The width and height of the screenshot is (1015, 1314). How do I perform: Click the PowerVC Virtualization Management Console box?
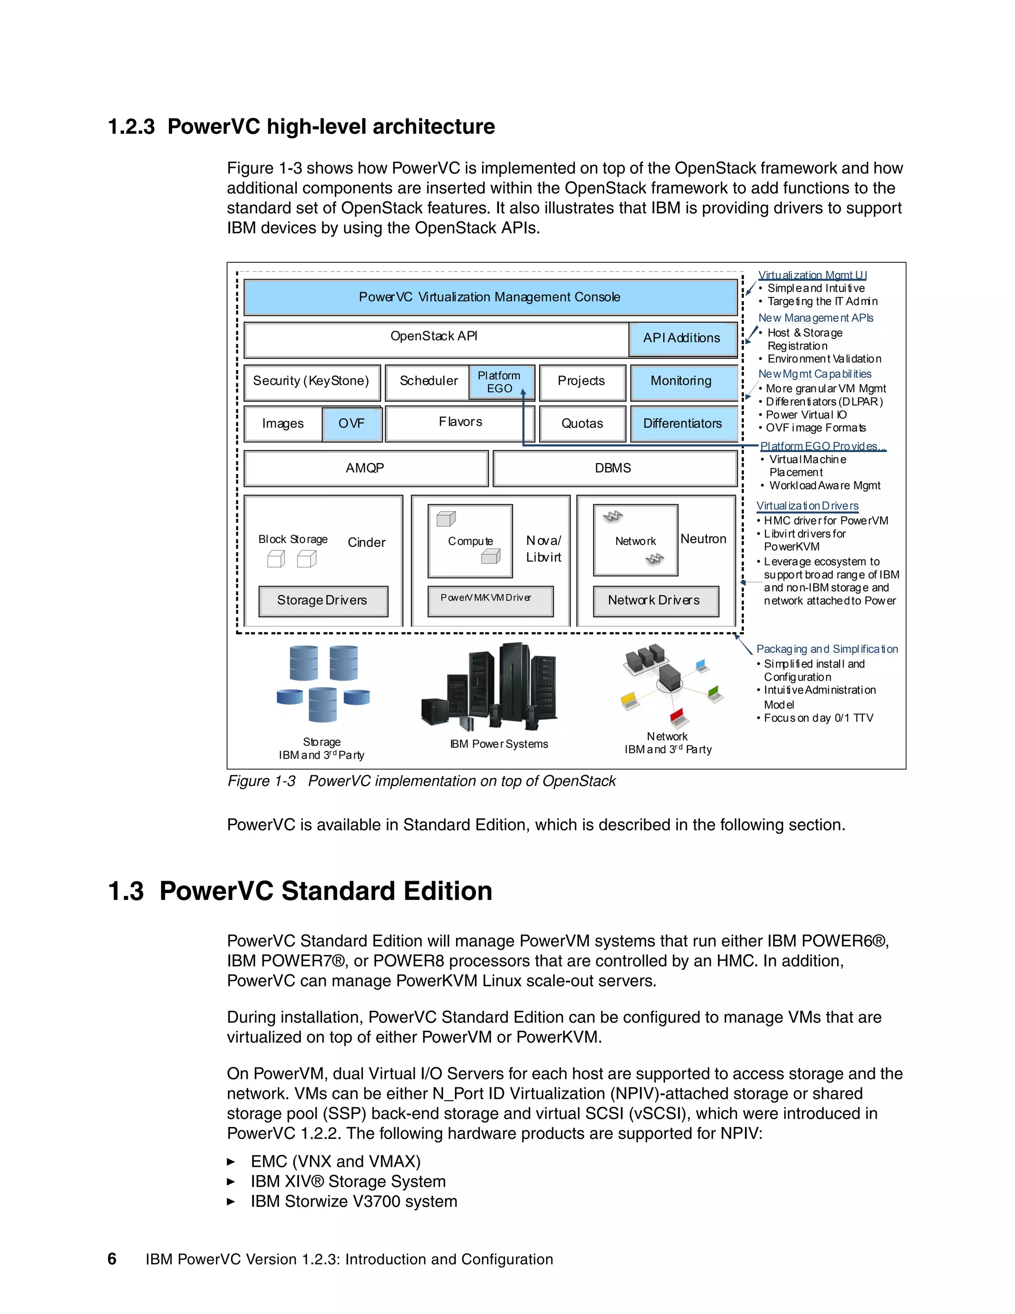tap(490, 297)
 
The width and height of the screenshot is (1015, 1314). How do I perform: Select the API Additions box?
tap(682, 338)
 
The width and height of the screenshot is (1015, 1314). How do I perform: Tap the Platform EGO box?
tap(500, 382)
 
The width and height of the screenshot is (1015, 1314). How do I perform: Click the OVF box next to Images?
tap(352, 423)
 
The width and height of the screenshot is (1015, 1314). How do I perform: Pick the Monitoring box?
tap(682, 381)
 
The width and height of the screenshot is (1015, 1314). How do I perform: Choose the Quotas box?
tap(582, 423)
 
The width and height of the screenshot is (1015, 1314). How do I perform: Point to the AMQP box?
tap(365, 468)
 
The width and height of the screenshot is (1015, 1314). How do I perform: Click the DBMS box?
tap(614, 468)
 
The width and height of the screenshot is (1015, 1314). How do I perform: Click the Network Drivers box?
tap(655, 600)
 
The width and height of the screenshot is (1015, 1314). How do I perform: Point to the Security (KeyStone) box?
tap(311, 381)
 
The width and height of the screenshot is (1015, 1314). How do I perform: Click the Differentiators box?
tap(683, 423)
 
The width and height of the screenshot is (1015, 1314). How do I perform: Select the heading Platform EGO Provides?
tap(822, 446)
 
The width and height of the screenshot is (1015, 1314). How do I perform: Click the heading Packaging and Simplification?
tap(827, 649)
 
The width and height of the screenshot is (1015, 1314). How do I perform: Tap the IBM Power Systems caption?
tap(499, 744)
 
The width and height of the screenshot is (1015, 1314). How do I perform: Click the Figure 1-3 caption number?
tap(261, 781)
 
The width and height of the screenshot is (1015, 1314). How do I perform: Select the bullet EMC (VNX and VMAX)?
tap(336, 1161)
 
